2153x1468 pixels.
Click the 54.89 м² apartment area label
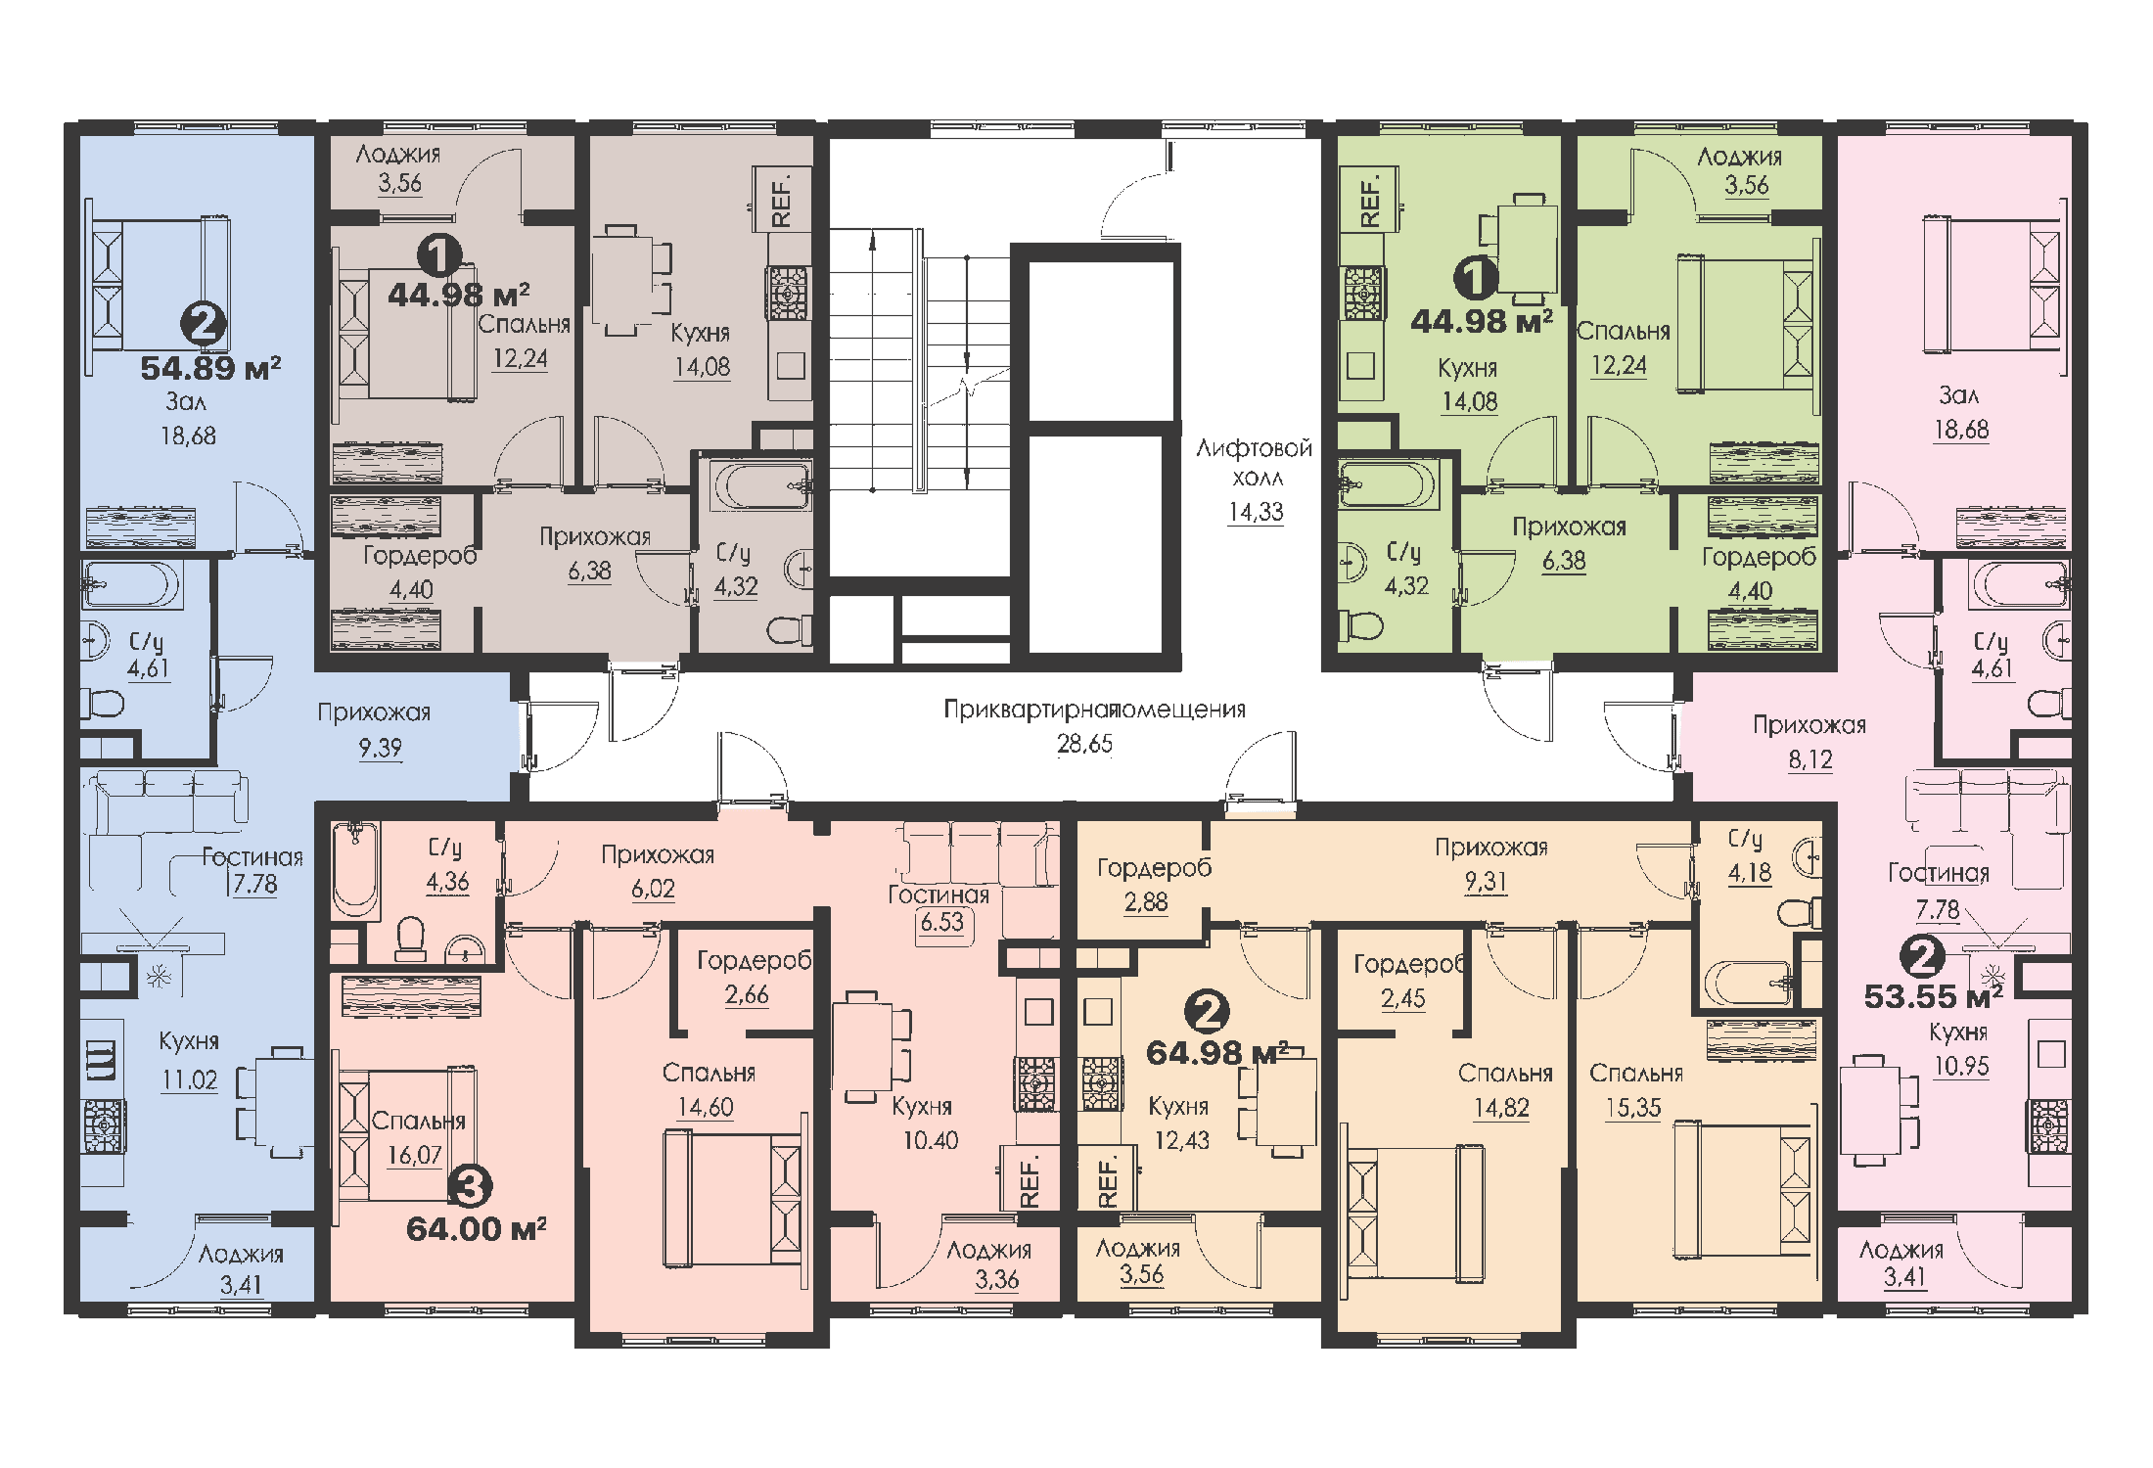click(x=210, y=369)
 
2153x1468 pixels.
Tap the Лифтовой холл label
click(x=1255, y=463)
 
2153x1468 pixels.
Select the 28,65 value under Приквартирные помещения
click(x=1084, y=745)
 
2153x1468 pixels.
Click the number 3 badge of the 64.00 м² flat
click(x=470, y=1187)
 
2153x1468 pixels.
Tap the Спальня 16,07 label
click(x=418, y=1137)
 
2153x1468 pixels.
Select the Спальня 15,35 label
click(x=1635, y=1090)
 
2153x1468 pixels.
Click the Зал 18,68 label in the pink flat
click(x=1960, y=412)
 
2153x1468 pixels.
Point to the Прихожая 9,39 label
click(x=374, y=729)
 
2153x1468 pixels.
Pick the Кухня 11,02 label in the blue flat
click(x=189, y=1060)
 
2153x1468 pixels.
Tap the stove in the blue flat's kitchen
click(x=103, y=1124)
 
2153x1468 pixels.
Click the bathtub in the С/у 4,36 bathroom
click(x=355, y=869)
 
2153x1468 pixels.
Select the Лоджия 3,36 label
click(x=990, y=1264)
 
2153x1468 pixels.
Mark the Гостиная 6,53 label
click(x=939, y=908)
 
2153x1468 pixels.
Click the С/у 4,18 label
click(x=1747, y=855)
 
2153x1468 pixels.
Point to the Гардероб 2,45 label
click(x=1406, y=981)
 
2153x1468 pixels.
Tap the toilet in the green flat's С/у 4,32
click(x=1361, y=623)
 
